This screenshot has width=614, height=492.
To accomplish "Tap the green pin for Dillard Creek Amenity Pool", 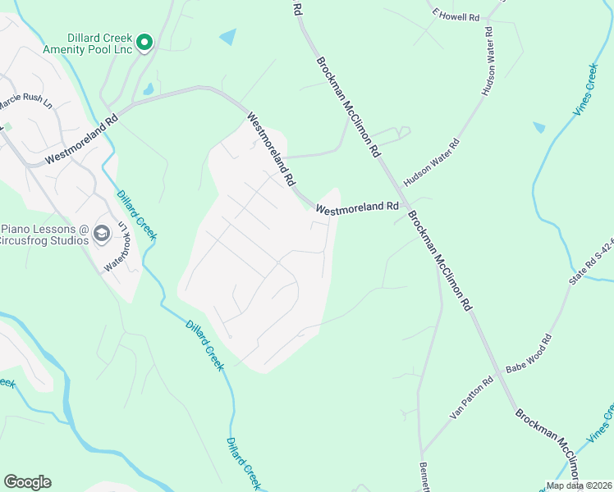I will click(144, 42).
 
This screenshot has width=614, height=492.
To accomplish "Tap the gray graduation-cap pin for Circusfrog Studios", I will click(102, 234).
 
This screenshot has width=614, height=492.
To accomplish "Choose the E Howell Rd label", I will click(456, 16).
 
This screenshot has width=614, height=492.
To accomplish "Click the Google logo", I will click(27, 482).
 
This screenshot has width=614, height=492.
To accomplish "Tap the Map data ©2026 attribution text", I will click(578, 485).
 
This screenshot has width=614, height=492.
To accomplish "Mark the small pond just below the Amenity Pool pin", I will click(149, 89).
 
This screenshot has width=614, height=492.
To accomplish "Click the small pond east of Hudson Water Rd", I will click(538, 127).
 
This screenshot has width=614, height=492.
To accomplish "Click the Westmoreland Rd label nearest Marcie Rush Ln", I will click(82, 137).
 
